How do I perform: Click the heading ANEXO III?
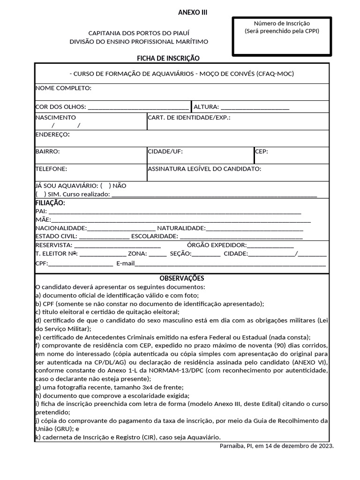coord(193,12)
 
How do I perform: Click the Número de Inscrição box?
coord(282,36)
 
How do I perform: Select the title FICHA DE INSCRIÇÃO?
coord(168,58)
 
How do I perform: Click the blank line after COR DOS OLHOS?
coord(138,107)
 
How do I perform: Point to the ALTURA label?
coord(206,107)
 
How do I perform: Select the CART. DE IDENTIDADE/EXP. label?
coord(189,118)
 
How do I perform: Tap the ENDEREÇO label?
coord(52,135)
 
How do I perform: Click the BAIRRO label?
coord(47,151)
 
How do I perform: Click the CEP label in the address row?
coord(262,151)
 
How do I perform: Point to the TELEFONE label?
coord(51,168)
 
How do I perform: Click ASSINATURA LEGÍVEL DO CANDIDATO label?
coord(204,168)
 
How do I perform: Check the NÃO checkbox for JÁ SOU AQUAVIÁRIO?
coord(105,186)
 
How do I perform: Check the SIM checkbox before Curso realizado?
coord(41,194)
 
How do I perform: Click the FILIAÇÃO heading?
coord(50,203)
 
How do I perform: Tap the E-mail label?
coord(126,263)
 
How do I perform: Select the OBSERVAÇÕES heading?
coord(182,278)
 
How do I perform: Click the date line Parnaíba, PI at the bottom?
coord(277,446)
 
